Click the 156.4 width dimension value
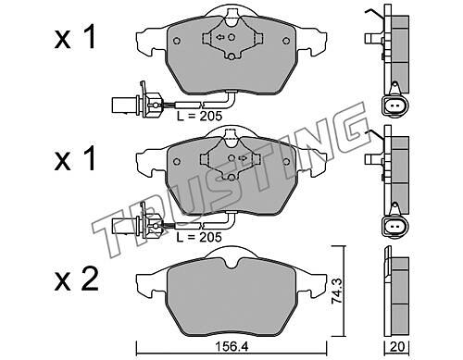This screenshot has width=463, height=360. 231,347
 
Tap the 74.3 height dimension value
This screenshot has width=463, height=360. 337,292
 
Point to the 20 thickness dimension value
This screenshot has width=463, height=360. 396,347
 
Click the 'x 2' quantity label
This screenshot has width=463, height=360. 76,280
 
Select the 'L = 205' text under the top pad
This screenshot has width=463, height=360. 199,116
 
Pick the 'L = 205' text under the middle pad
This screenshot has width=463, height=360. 199,237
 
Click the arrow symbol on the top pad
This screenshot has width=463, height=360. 220,37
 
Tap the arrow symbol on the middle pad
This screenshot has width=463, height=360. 243,158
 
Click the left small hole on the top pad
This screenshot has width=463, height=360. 177,41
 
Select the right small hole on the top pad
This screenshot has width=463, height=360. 286,41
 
